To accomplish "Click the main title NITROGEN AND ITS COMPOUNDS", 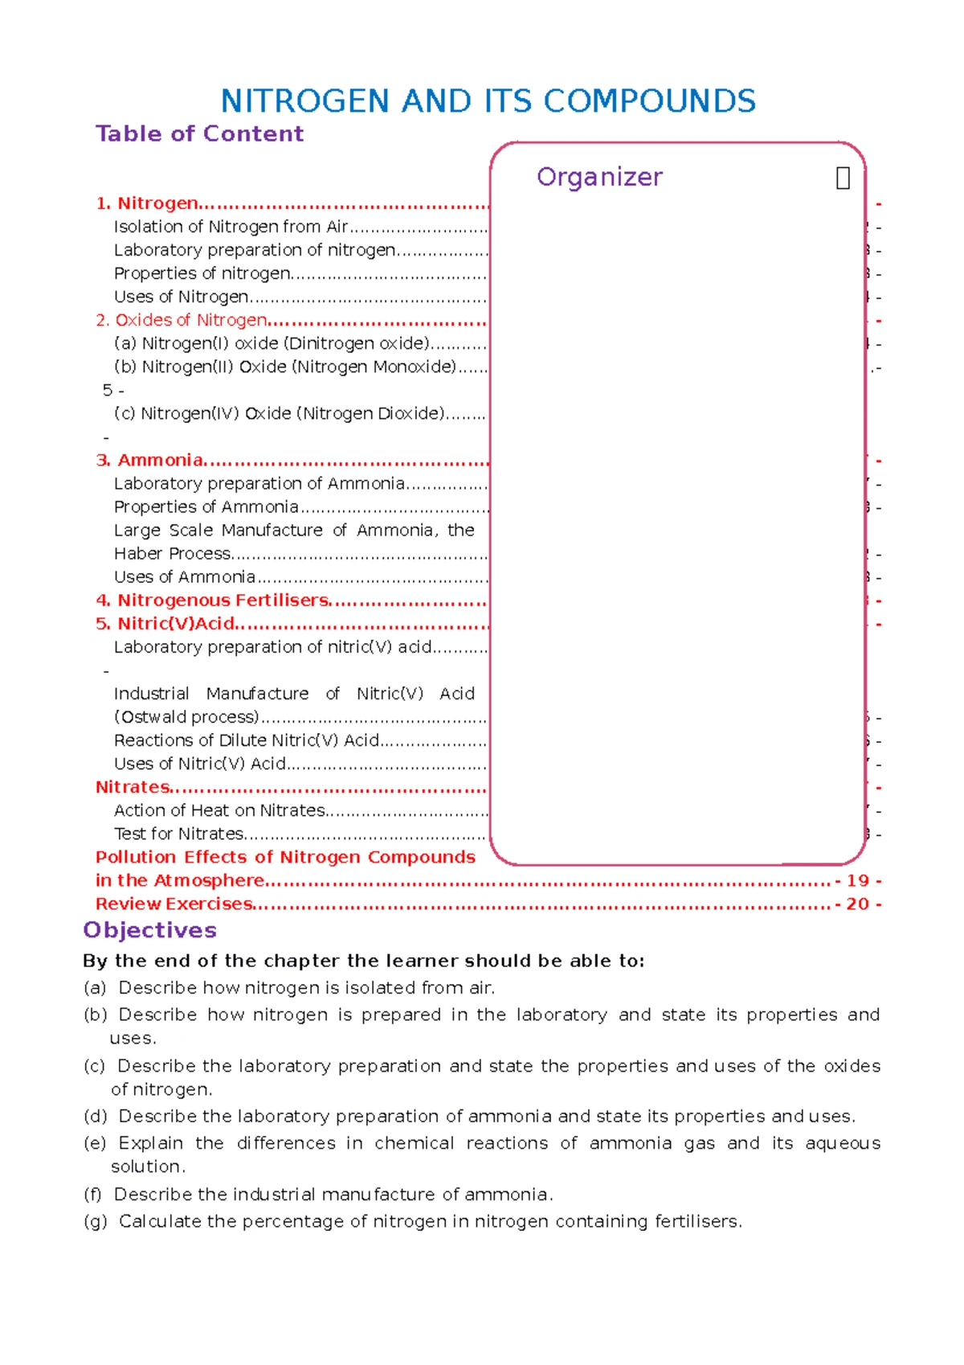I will (488, 101).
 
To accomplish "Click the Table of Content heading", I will (199, 133).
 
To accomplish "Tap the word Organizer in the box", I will (599, 177).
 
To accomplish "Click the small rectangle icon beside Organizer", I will (843, 178).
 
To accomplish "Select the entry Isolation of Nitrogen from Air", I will (231, 227).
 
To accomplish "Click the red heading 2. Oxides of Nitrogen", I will (181, 320).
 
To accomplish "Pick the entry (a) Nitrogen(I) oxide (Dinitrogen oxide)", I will (272, 343).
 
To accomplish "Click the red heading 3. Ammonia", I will (149, 460).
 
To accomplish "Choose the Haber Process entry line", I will (173, 554).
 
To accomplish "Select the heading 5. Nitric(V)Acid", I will (165, 624).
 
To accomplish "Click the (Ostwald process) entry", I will (186, 717).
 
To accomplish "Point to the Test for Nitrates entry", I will (179, 834).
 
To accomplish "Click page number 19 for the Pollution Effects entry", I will (858, 881).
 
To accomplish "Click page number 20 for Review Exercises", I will (858, 904).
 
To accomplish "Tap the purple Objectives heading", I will (150, 930).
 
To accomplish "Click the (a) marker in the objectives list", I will (95, 988).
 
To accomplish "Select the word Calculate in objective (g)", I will (159, 1222).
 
